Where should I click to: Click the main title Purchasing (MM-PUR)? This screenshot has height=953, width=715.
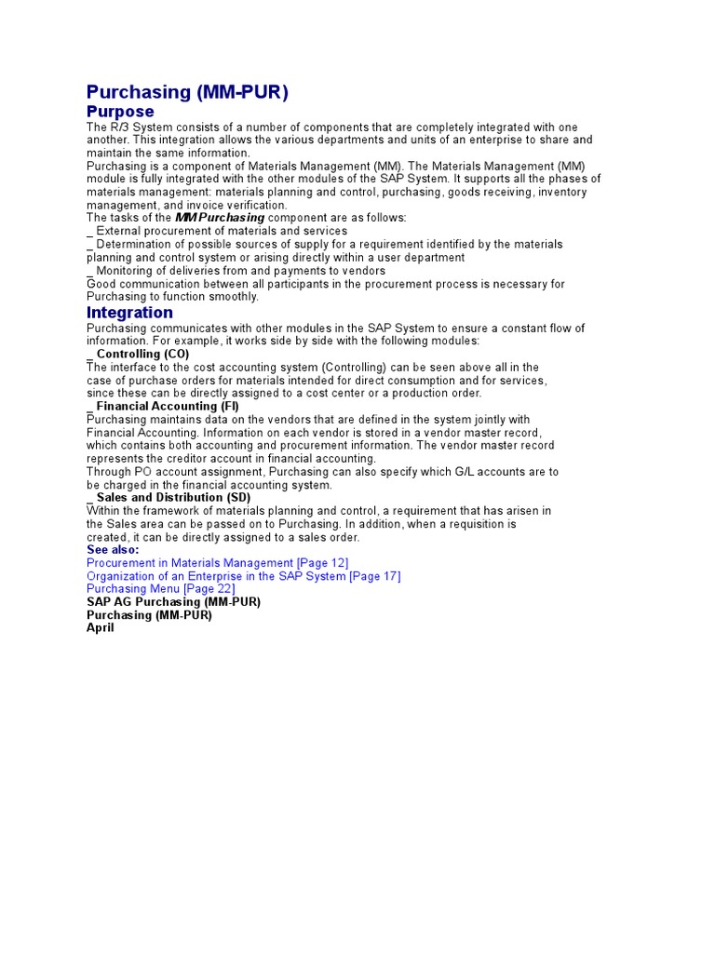(187, 92)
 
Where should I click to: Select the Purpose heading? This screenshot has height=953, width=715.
(120, 112)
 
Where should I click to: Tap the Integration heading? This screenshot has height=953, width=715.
(129, 313)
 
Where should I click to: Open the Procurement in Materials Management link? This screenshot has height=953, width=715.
(217, 563)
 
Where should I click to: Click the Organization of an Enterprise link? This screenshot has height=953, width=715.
(243, 576)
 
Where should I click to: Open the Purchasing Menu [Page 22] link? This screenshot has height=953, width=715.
(160, 589)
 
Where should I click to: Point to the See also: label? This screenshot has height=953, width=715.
(113, 550)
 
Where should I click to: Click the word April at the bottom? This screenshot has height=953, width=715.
(101, 628)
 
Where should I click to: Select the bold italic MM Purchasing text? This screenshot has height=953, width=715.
(220, 218)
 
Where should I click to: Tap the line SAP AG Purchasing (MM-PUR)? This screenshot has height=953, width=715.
(173, 602)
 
